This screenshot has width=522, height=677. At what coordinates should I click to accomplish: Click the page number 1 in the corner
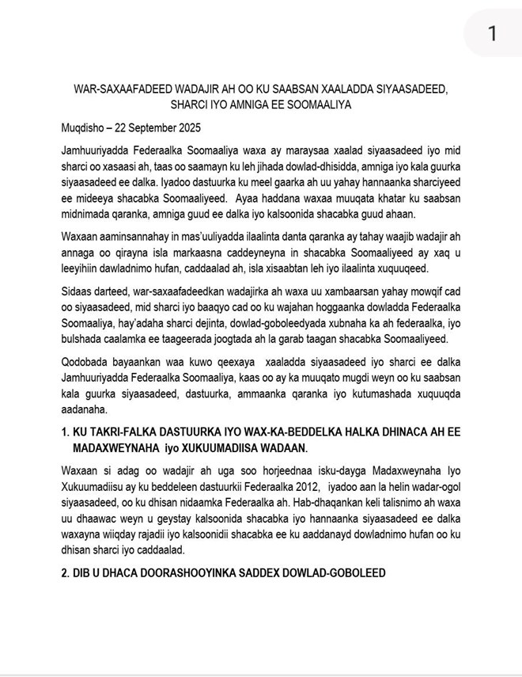click(492, 33)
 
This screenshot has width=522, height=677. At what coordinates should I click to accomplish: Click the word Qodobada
click(88, 361)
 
